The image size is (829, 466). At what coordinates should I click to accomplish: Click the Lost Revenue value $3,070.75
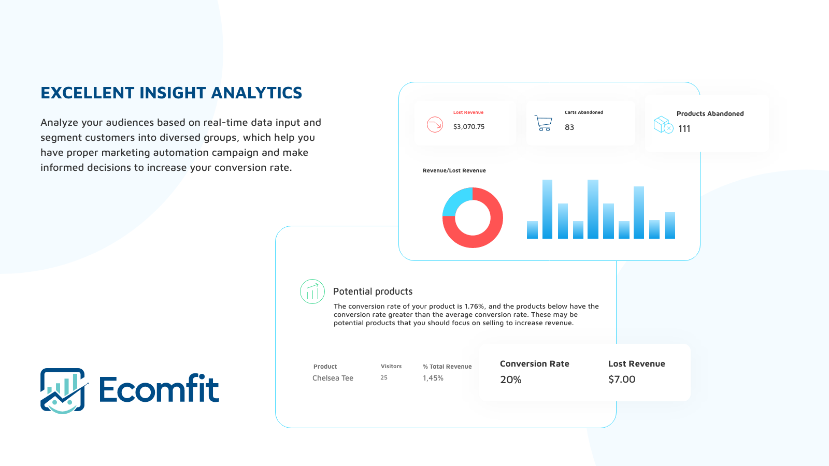click(469, 126)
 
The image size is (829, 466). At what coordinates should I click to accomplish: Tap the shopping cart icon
click(544, 123)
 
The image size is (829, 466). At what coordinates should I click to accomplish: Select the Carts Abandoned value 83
click(569, 127)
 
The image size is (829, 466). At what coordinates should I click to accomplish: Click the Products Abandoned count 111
click(684, 129)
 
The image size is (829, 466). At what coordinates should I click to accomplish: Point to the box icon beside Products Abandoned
click(663, 125)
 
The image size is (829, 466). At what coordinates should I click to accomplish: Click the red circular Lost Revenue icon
click(435, 125)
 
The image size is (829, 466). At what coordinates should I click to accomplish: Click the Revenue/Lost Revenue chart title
click(454, 170)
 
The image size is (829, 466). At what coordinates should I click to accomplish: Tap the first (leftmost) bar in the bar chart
click(532, 230)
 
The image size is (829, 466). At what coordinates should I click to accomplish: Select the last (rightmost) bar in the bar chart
click(670, 225)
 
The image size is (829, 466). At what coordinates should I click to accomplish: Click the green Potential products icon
click(312, 292)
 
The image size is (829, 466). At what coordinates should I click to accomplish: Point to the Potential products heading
click(373, 292)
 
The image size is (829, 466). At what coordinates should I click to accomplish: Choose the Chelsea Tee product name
click(333, 378)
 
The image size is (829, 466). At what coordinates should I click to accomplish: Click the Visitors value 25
click(384, 377)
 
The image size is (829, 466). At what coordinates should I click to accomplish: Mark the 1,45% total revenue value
click(433, 378)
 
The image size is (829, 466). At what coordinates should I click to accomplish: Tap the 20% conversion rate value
click(511, 380)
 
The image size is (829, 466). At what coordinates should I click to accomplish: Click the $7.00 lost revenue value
click(622, 379)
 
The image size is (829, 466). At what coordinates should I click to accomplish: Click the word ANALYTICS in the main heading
click(256, 93)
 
